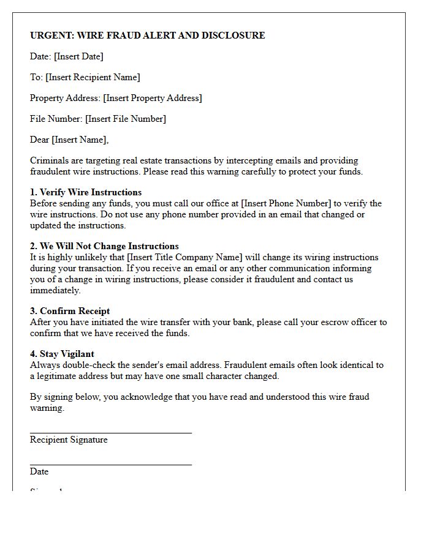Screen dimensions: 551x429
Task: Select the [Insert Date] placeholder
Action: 78,56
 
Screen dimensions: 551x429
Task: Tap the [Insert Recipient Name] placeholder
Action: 93,77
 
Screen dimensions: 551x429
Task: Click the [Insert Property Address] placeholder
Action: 152,98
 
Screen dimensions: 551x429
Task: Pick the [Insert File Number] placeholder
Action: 125,119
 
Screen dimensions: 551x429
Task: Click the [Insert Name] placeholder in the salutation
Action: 79,140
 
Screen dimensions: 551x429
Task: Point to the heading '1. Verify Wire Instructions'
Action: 86,192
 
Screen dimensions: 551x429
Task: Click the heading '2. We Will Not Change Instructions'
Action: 104,246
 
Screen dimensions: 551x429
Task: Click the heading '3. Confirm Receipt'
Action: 70,311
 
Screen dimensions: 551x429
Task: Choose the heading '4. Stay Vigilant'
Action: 62,354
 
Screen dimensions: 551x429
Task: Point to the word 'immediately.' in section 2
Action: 55,290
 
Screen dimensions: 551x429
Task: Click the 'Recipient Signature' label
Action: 69,440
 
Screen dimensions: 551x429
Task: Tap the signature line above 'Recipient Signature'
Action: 110,433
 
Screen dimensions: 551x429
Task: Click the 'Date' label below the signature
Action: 39,471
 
